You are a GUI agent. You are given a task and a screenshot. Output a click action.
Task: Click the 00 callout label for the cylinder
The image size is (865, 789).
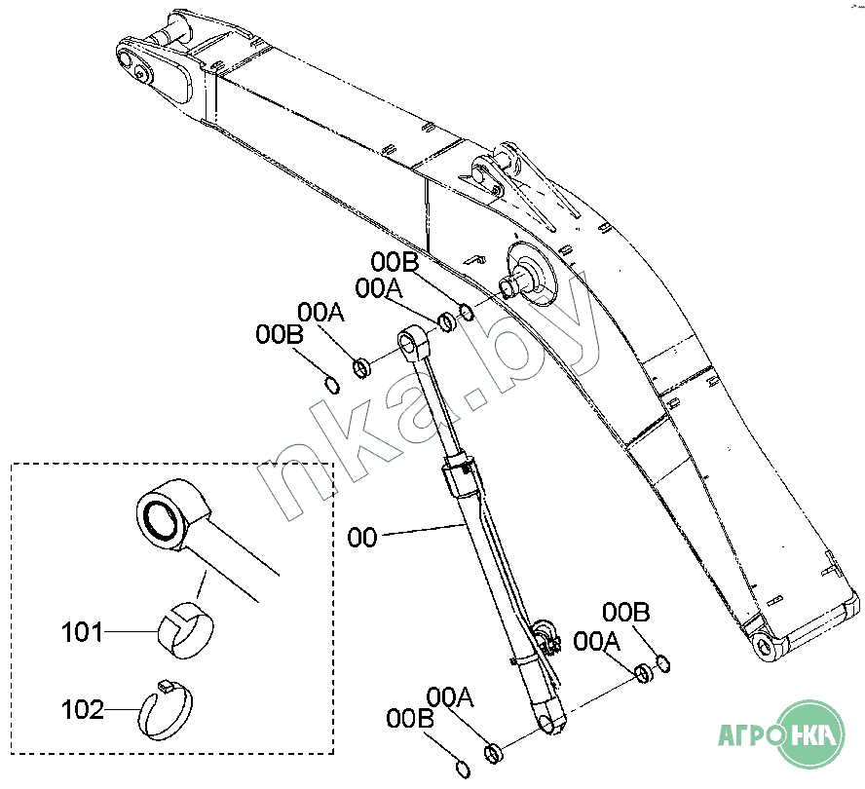(x=362, y=537)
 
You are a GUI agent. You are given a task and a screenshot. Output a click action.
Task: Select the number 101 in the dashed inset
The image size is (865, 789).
(x=82, y=633)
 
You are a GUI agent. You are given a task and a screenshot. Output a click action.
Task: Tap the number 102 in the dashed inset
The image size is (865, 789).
(x=82, y=710)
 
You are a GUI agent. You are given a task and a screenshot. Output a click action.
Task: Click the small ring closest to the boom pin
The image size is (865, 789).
(x=467, y=312)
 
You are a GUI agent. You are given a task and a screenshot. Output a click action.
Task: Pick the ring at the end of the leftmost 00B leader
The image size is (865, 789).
(x=332, y=384)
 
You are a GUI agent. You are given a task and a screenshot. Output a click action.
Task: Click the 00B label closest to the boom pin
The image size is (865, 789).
(x=395, y=262)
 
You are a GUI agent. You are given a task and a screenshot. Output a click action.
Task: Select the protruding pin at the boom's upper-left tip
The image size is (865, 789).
(x=179, y=21)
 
